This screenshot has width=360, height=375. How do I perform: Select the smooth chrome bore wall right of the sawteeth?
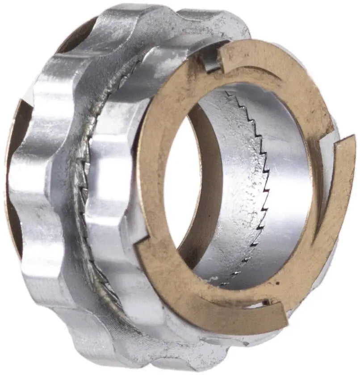tap(286, 179)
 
